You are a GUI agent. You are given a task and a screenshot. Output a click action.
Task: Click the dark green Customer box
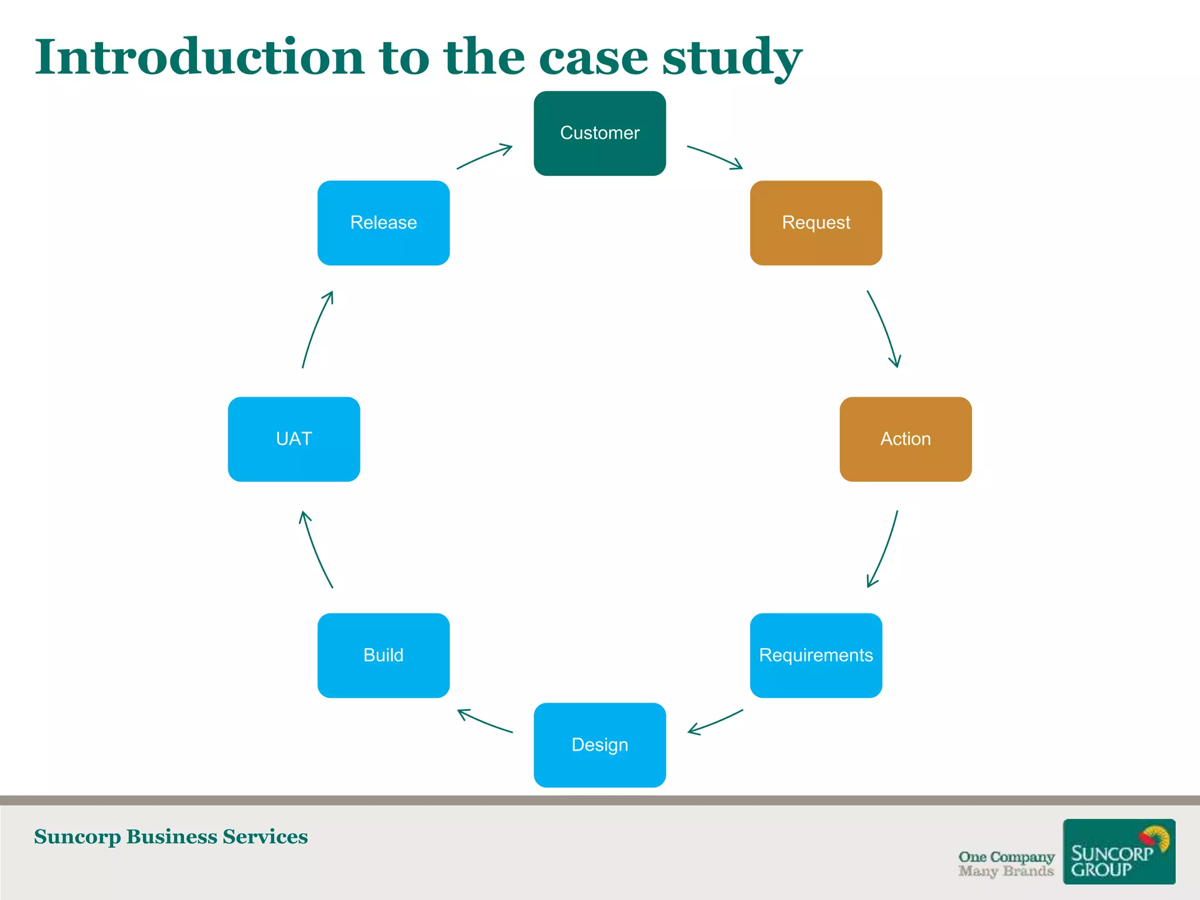[599, 133]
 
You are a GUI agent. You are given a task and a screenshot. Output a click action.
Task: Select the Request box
[816, 223]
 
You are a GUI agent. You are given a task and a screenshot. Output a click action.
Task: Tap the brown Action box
[905, 439]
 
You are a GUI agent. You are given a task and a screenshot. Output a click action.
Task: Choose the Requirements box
[816, 655]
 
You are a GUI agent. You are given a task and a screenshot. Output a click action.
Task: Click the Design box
[599, 745]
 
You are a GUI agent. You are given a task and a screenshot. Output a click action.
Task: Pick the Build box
[383, 655]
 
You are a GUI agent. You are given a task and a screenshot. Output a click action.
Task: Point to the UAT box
[294, 439]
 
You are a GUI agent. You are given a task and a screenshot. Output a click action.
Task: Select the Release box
[383, 223]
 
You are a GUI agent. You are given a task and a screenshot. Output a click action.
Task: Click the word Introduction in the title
[200, 57]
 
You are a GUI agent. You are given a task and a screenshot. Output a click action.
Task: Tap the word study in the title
[732, 58]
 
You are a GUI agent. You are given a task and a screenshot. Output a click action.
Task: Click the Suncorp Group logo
[1119, 851]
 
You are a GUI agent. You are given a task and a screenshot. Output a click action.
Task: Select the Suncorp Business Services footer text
[171, 837]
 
